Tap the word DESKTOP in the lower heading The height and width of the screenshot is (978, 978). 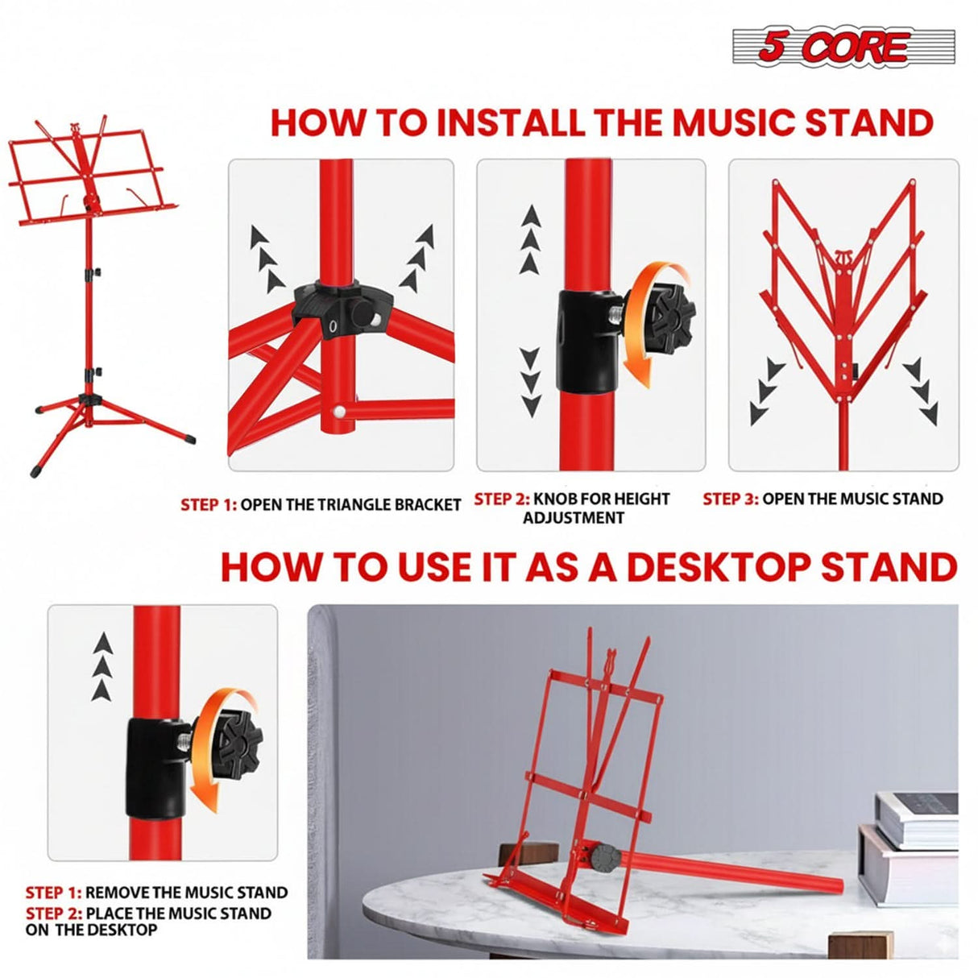708,567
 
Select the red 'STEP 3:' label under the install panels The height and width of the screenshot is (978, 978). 730,499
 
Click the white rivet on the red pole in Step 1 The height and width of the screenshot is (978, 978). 342,412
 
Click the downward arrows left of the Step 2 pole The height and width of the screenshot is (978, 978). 530,382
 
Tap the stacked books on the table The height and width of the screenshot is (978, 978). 914,838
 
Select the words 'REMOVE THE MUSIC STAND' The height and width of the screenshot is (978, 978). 186,893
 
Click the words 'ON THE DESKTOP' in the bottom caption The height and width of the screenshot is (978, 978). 91,930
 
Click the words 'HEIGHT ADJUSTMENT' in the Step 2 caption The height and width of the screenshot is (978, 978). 573,518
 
